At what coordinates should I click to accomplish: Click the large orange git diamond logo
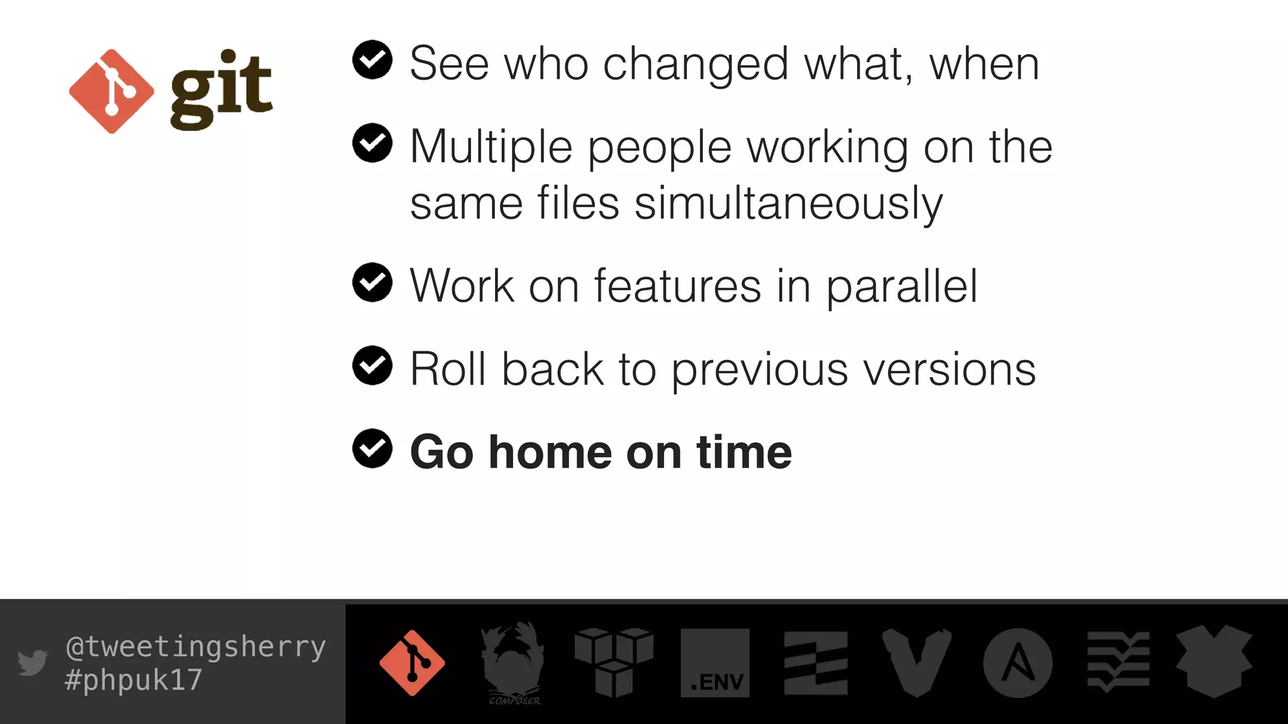click(111, 92)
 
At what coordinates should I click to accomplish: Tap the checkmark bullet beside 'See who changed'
click(372, 60)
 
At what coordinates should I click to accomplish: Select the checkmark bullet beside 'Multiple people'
click(372, 143)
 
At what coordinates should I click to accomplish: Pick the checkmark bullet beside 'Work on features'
click(372, 282)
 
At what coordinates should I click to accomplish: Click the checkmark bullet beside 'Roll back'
click(372, 365)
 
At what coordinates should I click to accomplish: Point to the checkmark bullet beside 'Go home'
click(372, 449)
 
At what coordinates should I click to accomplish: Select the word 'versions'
click(949, 370)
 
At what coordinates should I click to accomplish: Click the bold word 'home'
click(550, 452)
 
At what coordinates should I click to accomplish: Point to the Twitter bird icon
click(33, 662)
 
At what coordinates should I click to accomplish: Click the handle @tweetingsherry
click(196, 647)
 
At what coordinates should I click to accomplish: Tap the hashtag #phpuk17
click(133, 680)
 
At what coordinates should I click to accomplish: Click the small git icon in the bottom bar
click(412, 663)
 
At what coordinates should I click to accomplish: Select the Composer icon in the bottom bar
click(513, 663)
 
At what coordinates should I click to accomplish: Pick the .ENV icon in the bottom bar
click(715, 663)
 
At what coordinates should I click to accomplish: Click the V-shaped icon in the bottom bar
click(916, 662)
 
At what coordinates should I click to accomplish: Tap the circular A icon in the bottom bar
click(1018, 663)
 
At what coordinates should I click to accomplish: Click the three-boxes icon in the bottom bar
click(614, 662)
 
